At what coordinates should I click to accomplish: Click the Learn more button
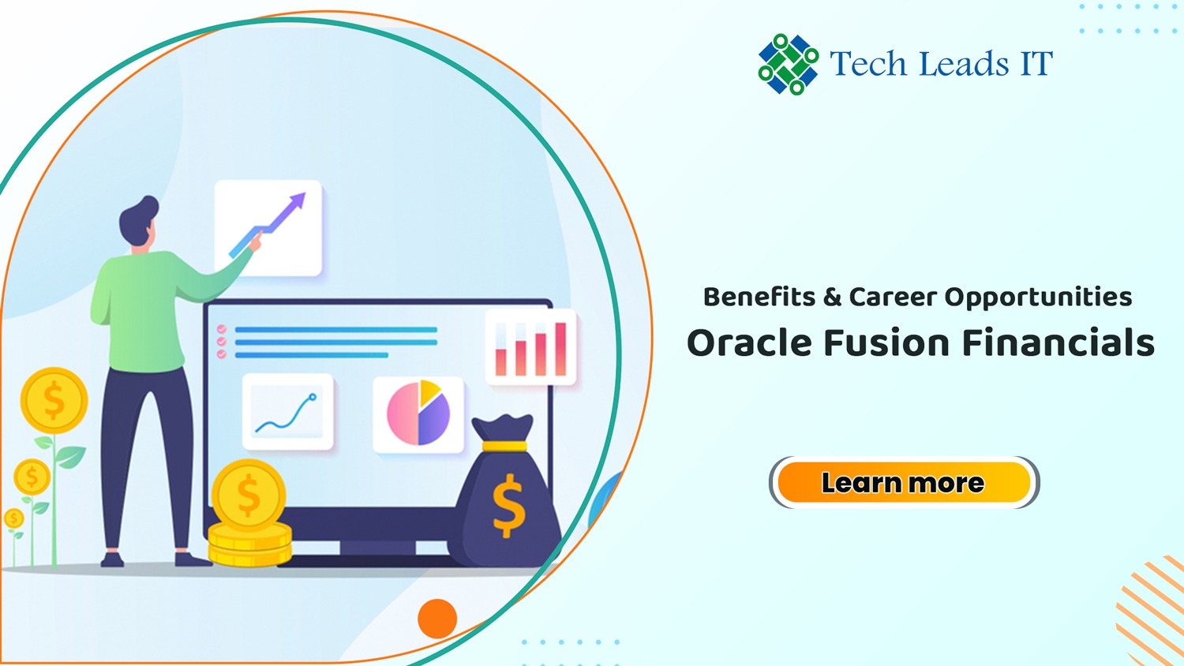905,482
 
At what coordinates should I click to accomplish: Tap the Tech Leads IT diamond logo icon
788,64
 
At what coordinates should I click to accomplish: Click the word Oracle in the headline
750,342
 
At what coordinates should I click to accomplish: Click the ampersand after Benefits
832,297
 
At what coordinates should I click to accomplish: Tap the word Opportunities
1038,297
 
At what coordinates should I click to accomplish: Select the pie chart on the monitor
418,413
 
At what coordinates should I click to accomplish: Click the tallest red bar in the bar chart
560,349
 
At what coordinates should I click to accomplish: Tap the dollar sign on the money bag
509,506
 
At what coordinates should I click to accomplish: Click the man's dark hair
137,219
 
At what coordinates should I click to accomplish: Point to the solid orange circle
437,619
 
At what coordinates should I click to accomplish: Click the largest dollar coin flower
54,401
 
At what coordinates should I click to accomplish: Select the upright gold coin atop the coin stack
249,496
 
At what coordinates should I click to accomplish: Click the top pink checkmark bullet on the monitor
222,329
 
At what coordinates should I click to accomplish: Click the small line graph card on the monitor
288,412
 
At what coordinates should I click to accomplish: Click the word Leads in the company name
964,63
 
